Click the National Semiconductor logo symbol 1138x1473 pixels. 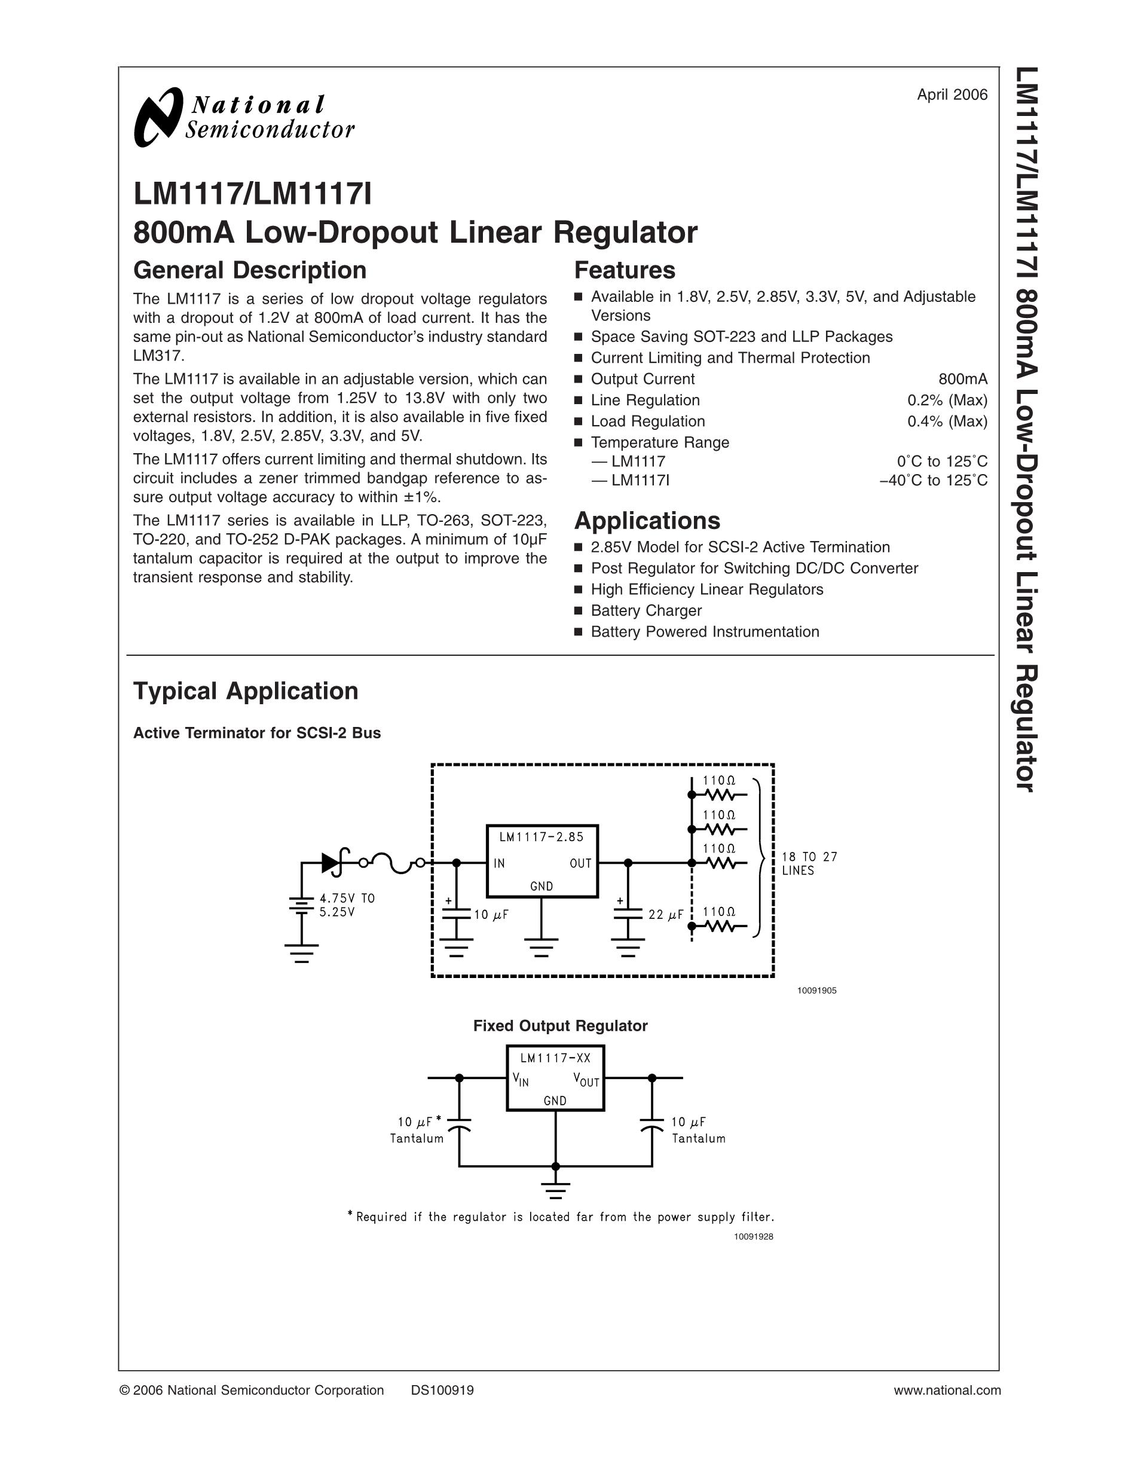pyautogui.click(x=158, y=117)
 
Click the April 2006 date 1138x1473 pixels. pyautogui.click(x=952, y=95)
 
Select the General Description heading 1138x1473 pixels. pyautogui.click(x=249, y=270)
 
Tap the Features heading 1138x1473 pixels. pyautogui.click(x=624, y=270)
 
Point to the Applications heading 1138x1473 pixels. pyautogui.click(x=647, y=521)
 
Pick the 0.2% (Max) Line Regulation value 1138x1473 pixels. pyautogui.click(x=947, y=401)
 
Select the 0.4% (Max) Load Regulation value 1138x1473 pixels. pyautogui.click(x=947, y=421)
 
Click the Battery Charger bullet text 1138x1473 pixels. pyautogui.click(x=646, y=611)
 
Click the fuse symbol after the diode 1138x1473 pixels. pyautogui.click(x=391, y=863)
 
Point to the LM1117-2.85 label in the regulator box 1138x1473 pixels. pyautogui.click(x=542, y=837)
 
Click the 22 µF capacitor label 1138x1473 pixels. pyautogui.click(x=665, y=915)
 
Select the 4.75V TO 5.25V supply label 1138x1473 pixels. pyautogui.click(x=347, y=905)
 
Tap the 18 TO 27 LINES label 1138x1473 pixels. pyautogui.click(x=809, y=863)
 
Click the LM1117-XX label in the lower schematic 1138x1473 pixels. pyautogui.click(x=555, y=1058)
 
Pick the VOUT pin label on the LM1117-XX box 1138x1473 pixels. pyautogui.click(x=586, y=1079)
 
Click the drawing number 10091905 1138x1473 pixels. pyautogui.click(x=816, y=991)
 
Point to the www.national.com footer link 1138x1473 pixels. pyautogui.click(x=947, y=1391)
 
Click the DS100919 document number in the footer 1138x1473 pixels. pyautogui.click(x=442, y=1391)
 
